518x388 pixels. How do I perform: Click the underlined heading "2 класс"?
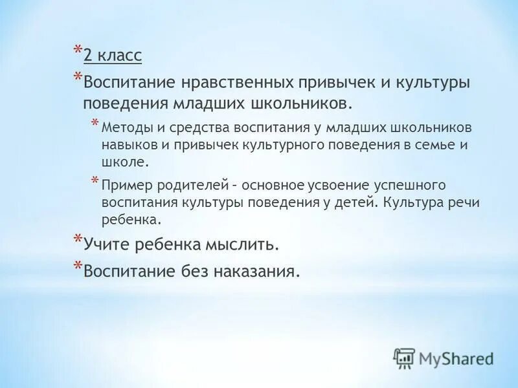click(112, 56)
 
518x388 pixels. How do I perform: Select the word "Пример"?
click(123, 185)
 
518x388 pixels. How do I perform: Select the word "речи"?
click(464, 202)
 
